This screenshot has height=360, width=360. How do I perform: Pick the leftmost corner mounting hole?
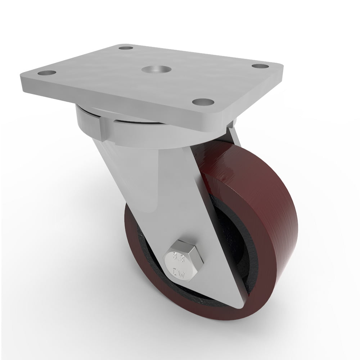(47, 73)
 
